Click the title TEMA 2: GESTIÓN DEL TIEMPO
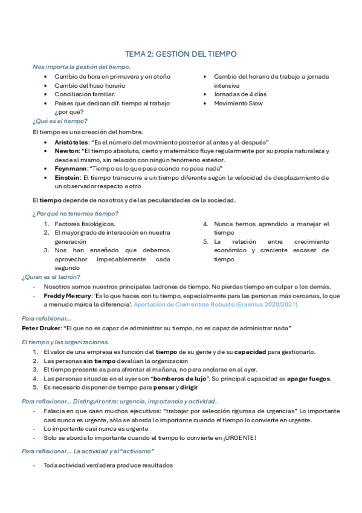(x=181, y=54)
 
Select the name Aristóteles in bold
(x=71, y=141)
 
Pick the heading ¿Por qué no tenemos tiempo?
(x=75, y=214)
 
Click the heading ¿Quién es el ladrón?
(x=51, y=277)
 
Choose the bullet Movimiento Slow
(x=238, y=103)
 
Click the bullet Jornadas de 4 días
(x=240, y=94)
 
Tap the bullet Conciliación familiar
(x=84, y=94)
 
